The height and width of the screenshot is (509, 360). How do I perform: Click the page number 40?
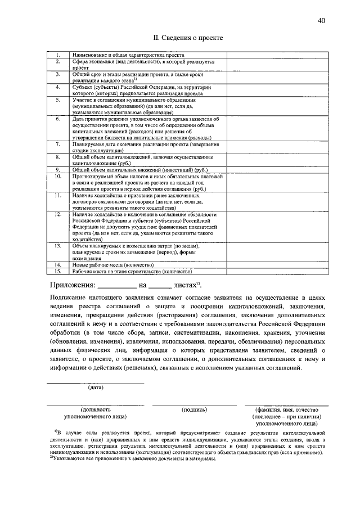321,21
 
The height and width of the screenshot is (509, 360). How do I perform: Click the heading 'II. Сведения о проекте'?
188,38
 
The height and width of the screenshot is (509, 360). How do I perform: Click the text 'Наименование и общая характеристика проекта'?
128,55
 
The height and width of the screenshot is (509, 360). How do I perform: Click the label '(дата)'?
95,387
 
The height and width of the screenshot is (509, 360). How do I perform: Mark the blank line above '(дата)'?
95,382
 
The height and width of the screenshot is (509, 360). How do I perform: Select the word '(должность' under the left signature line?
95,410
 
